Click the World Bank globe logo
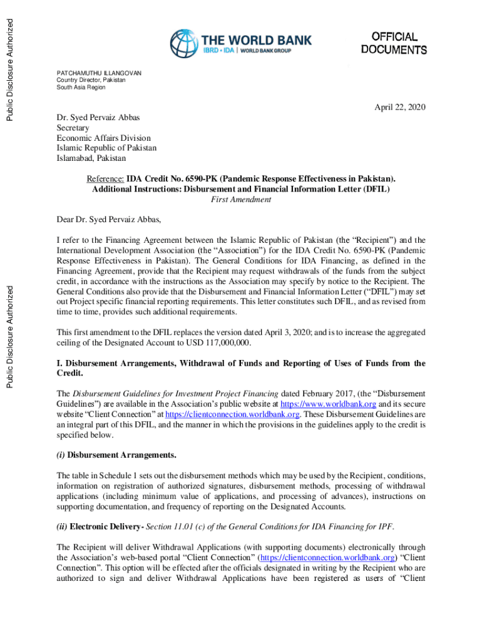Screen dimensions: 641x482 pos(183,44)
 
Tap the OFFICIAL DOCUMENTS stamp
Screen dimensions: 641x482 pos(394,43)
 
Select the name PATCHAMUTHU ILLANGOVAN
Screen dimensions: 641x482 pos(99,73)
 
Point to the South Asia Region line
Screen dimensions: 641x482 pos(81,88)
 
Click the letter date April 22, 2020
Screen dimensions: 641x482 pos(400,108)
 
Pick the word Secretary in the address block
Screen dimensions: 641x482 pos(73,128)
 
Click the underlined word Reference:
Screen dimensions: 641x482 pos(105,179)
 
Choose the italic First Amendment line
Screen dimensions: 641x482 pos(241,199)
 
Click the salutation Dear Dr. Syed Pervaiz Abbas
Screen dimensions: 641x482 pos(109,219)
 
